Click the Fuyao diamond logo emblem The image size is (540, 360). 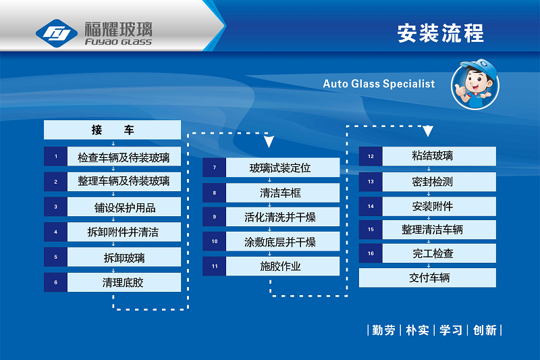tap(57, 33)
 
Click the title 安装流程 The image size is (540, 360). tap(441, 33)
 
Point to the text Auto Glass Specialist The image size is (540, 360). tap(379, 84)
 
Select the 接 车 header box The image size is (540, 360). tap(112, 130)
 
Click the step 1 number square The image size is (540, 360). tap(55, 157)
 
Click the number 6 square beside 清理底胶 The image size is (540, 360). tap(55, 282)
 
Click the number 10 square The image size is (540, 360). tap(214, 241)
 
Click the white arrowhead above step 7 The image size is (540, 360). tap(269, 142)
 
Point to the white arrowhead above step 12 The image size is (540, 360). tap(428, 131)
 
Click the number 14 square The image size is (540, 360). tap(371, 207)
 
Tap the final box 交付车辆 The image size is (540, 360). tap(428, 278)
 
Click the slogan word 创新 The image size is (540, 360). tap(485, 330)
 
